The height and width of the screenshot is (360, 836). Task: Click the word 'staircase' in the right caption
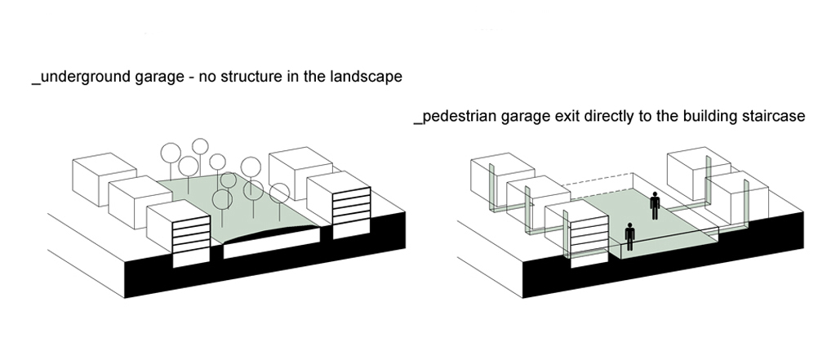(x=772, y=117)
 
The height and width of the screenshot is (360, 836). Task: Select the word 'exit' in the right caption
(x=565, y=117)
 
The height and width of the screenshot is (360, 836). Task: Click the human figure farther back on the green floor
(x=654, y=206)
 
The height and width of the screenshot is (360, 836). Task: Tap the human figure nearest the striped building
(x=629, y=237)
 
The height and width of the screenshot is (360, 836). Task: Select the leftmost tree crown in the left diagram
(x=171, y=152)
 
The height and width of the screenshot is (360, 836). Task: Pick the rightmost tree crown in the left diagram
(x=280, y=193)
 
